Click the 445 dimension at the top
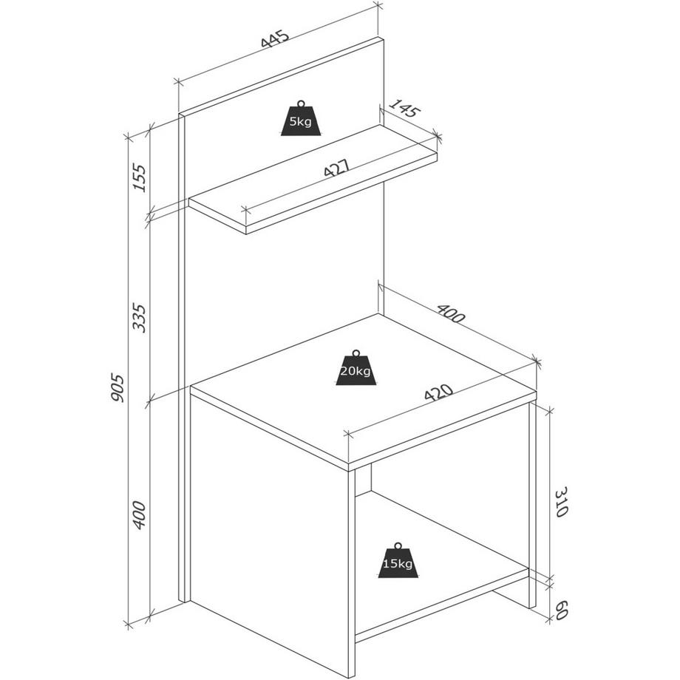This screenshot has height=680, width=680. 274,38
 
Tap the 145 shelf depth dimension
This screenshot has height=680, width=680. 404,109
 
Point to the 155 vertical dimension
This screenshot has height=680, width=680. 140,177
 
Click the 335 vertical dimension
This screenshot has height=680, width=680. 140,317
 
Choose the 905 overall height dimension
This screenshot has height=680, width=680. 117,387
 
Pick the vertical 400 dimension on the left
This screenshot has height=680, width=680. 140,514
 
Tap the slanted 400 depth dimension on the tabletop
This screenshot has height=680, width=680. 451,313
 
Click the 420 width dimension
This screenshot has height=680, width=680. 439,393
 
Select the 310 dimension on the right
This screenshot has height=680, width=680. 561,502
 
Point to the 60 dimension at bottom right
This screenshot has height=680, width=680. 561,611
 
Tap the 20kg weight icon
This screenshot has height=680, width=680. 356,368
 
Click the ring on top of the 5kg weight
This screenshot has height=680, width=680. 301,104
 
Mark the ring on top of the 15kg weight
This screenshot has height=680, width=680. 398,545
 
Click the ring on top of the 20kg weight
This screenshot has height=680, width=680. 356,353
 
